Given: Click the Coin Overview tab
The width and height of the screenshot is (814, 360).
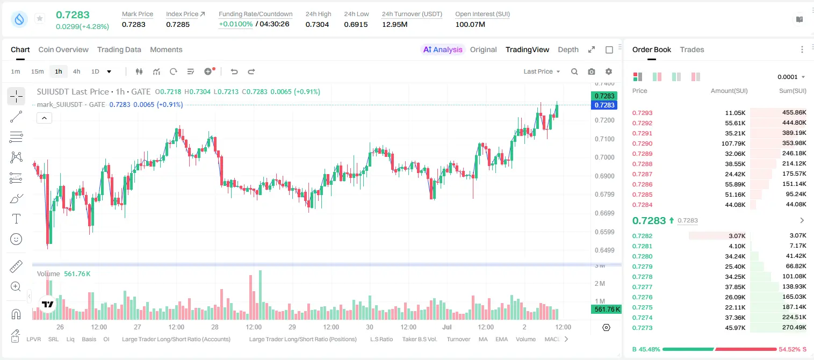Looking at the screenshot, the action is click(x=63, y=49).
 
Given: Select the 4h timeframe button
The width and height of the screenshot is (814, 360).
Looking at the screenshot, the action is click(x=76, y=71).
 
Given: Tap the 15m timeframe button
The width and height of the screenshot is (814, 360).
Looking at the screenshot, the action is click(x=37, y=71).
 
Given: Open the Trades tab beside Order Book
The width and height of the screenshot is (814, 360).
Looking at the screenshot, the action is click(x=692, y=49).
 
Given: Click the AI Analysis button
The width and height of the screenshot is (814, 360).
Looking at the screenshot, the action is click(x=443, y=49).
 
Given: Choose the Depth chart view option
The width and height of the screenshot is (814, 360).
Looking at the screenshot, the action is click(x=568, y=49).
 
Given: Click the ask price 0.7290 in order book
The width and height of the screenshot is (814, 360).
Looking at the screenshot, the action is click(x=642, y=143).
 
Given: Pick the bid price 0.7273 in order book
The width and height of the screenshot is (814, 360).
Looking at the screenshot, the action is click(x=642, y=328).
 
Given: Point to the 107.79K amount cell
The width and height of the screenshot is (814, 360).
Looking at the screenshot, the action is click(x=733, y=143).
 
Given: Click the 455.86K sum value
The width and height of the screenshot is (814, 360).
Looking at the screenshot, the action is click(x=794, y=113).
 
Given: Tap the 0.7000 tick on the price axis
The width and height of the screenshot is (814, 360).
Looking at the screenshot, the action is click(x=604, y=157).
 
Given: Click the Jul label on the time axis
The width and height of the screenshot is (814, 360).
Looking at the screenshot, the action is click(x=446, y=327).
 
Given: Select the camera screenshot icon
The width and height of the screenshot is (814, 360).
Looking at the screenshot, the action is click(x=591, y=71).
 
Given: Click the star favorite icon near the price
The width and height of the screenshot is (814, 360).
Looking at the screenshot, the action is click(x=40, y=18).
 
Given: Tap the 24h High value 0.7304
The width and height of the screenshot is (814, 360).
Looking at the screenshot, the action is click(x=317, y=24).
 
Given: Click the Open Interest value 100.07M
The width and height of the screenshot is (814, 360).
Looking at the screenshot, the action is click(x=470, y=24).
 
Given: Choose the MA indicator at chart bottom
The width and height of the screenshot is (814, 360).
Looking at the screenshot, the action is click(x=483, y=339).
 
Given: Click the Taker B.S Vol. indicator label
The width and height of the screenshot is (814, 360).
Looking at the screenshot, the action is click(x=419, y=339).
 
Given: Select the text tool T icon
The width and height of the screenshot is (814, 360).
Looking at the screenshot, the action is click(x=16, y=219).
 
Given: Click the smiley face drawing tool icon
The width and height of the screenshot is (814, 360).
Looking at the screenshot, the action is click(x=16, y=239).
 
